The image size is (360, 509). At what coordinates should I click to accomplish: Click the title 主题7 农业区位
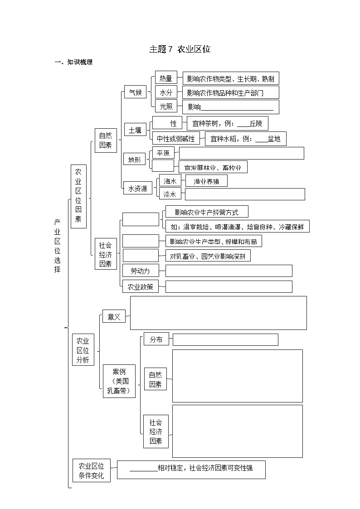pyautogui.click(x=180, y=49)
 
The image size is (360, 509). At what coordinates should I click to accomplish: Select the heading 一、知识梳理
pyautogui.click(x=73, y=63)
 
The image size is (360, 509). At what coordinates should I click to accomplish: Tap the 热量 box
pyautogui.click(x=165, y=78)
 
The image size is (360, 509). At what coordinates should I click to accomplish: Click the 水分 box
pyautogui.click(x=165, y=92)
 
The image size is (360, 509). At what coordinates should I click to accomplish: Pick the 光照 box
pyautogui.click(x=165, y=107)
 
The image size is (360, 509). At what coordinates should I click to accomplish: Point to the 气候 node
pyautogui.click(x=135, y=92)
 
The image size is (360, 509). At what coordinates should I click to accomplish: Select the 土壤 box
pyautogui.click(x=135, y=130)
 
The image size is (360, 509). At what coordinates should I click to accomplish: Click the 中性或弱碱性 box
pyautogui.click(x=176, y=139)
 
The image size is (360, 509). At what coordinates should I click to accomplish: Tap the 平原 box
pyautogui.click(x=163, y=153)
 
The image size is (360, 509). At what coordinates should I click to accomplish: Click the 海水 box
pyautogui.click(x=170, y=180)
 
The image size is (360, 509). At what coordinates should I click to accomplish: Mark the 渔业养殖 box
pyautogui.click(x=206, y=181)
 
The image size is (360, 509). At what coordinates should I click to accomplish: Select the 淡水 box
pyautogui.click(x=170, y=194)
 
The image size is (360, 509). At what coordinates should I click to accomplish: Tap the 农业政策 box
pyautogui.click(x=141, y=286)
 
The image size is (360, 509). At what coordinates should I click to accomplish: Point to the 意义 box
pyautogui.click(x=114, y=317)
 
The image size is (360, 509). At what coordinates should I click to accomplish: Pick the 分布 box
pyautogui.click(x=156, y=339)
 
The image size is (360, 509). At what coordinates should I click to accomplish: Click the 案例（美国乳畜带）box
pyautogui.click(x=119, y=381)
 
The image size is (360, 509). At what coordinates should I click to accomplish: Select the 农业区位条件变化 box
pyautogui.click(x=91, y=470)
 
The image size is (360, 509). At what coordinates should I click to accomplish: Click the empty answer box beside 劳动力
pyautogui.click(x=229, y=271)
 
